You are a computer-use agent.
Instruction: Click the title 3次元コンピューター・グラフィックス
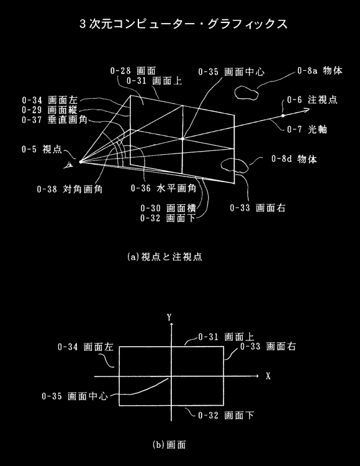click(184, 24)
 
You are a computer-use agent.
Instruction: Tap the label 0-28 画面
click(133, 71)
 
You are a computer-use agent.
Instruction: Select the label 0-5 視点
click(42, 149)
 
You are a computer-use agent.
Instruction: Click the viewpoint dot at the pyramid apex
click(81, 162)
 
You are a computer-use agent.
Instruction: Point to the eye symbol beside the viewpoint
click(69, 165)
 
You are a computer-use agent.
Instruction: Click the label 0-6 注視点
click(312, 99)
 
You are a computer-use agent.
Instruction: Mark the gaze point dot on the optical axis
click(283, 116)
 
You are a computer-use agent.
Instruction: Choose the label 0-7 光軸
click(307, 129)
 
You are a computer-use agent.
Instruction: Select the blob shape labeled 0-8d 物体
click(235, 165)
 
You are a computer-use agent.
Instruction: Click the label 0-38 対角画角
click(70, 189)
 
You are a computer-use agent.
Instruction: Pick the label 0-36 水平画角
click(163, 188)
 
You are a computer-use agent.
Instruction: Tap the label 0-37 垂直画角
click(55, 120)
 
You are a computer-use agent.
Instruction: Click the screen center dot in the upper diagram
click(182, 139)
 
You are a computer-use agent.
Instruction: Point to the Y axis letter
click(169, 318)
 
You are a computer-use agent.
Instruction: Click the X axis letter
click(268, 377)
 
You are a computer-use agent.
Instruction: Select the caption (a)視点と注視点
click(164, 257)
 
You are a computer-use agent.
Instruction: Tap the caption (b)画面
click(169, 445)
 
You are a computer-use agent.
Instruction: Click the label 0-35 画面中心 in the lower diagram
click(74, 396)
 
